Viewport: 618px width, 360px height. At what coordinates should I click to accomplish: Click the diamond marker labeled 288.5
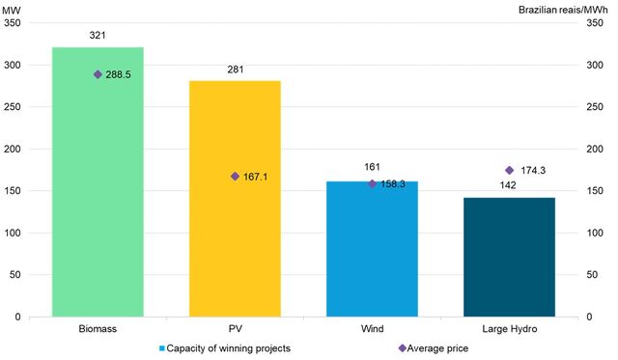98,74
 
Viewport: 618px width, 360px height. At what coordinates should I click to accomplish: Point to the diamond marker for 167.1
235,177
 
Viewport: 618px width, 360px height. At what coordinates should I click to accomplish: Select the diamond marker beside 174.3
509,170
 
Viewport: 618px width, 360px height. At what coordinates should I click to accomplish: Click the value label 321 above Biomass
98,36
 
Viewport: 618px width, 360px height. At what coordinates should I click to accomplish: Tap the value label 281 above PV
235,69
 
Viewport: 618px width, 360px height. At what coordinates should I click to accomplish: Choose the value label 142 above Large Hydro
509,185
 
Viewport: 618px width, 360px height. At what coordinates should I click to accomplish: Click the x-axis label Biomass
98,330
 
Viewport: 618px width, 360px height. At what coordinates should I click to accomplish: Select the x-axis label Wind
372,330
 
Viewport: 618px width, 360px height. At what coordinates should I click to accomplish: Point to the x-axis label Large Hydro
509,330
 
